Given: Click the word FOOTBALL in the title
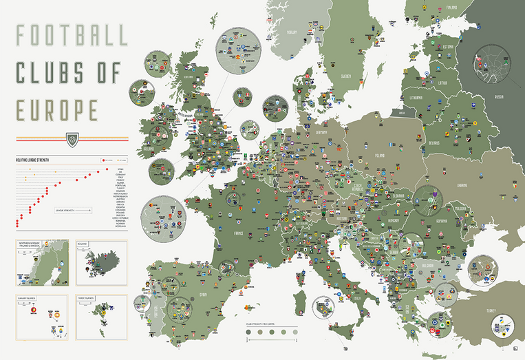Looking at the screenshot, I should (71, 36).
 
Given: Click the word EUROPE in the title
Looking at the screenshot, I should (58, 108).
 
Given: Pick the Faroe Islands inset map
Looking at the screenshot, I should (101, 317).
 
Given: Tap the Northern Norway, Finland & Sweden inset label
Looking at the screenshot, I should (34, 246).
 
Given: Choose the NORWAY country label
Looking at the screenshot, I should (292, 32).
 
